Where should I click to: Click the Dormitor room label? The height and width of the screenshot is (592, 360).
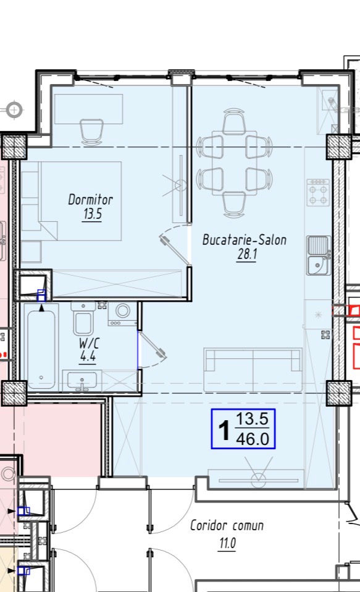pos(90,200)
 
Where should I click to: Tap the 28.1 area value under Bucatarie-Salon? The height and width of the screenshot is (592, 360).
pos(247,254)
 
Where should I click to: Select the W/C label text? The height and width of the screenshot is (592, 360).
pos(89,343)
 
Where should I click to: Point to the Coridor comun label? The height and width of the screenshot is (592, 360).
pos(227,525)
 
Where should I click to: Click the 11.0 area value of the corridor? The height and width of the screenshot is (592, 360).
pos(227,543)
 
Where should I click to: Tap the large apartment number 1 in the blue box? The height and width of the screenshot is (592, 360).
pos(224,430)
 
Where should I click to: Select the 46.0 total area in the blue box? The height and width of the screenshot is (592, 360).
pos(253,439)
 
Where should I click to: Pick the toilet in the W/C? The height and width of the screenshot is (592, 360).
pos(83,318)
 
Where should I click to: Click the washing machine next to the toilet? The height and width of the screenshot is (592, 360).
pos(122,313)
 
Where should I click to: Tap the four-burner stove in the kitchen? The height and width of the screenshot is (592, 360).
pos(318,193)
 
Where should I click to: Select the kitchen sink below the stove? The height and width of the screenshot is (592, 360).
pos(319,255)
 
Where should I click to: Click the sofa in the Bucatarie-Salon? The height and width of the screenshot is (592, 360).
pos(253,370)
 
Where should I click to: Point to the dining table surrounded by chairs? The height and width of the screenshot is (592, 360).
pos(235,163)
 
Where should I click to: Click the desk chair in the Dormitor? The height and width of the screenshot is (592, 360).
pos(91,132)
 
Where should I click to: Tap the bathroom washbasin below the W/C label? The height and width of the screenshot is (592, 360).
pos(82,380)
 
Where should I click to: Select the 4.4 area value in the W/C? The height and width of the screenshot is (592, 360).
pos(88,356)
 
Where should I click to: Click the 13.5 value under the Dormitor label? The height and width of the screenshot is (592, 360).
pos(93,214)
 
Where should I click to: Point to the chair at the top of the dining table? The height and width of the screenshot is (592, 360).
pos(234,121)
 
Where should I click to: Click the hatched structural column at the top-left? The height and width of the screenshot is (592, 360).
pos(14,146)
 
